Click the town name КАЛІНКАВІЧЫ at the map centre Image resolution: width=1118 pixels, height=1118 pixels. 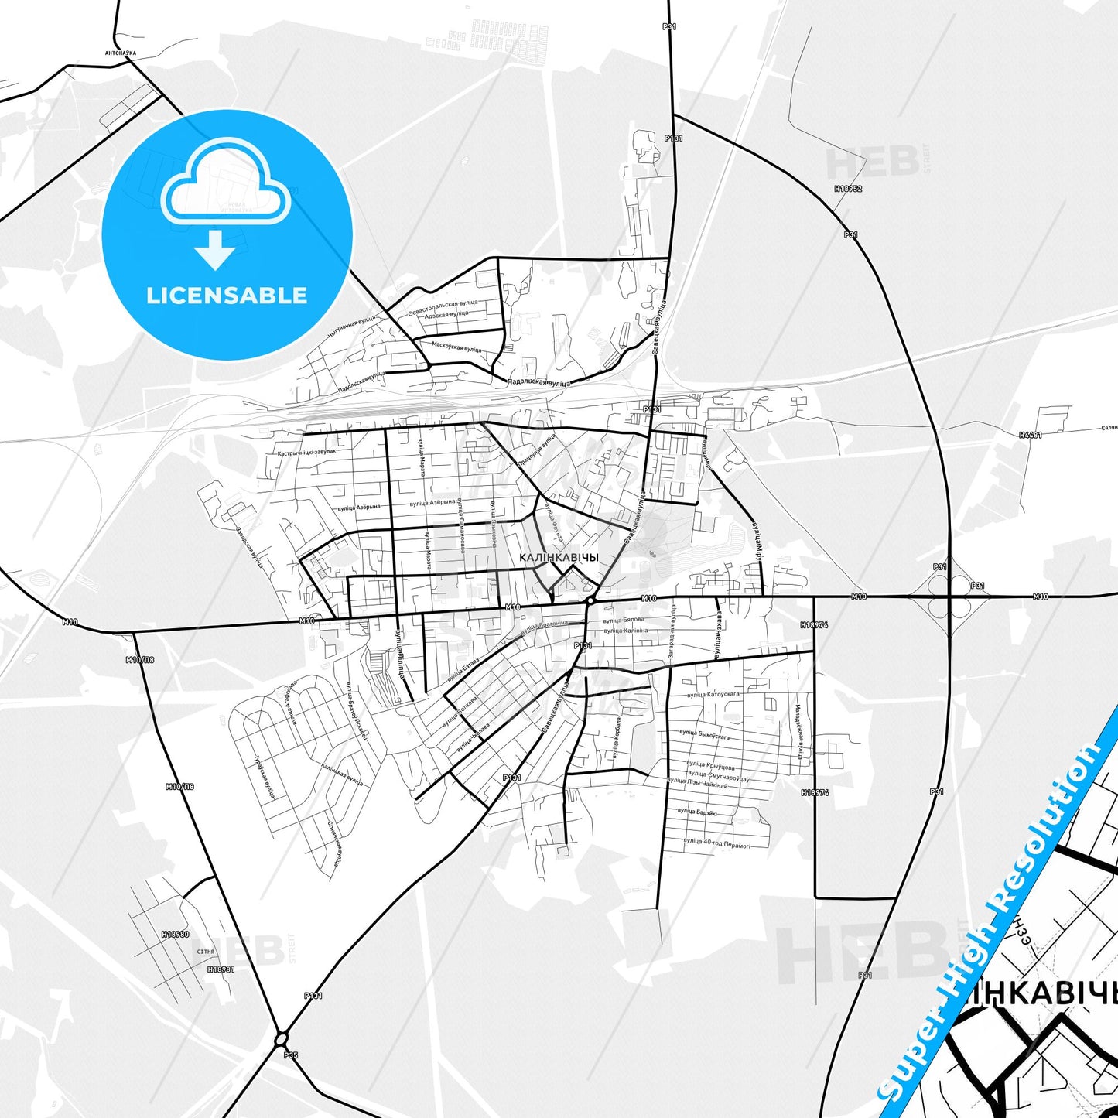559,557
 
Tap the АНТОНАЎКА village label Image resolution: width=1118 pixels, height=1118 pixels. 119,53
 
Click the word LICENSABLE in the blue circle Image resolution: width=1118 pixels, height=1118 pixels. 227,295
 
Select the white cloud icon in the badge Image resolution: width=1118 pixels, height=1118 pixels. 225,183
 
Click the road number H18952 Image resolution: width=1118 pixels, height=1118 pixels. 848,188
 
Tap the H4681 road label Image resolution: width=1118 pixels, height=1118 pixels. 1031,435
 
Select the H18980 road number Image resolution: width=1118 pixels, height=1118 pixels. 176,934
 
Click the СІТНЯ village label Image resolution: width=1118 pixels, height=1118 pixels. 206,952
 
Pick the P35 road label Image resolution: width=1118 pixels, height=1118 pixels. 290,1055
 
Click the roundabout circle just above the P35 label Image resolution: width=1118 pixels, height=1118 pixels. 281,1038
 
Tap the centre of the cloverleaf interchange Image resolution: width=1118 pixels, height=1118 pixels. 950,597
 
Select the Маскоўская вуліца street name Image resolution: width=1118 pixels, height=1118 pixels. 456,347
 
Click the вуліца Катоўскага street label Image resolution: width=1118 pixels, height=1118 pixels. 713,695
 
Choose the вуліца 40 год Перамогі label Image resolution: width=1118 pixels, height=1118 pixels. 716,843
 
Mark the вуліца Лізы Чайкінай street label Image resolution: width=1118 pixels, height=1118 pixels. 697,784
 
